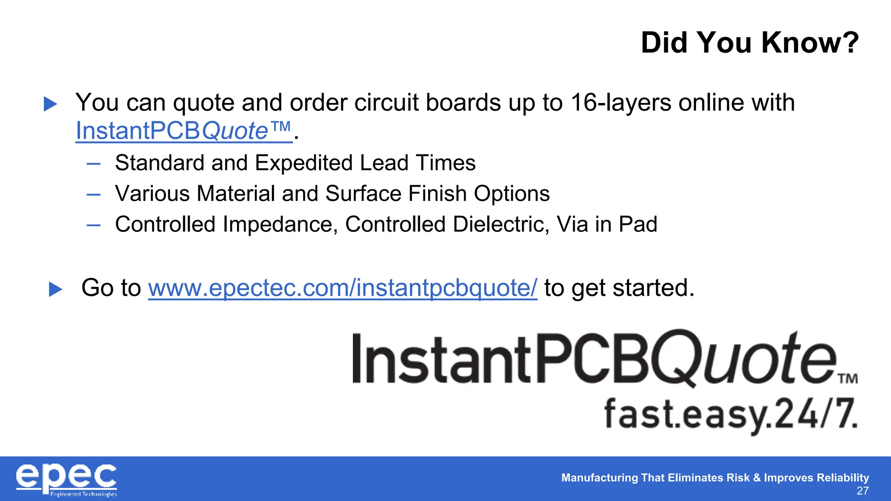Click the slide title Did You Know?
pos(750,43)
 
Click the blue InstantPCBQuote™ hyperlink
pos(183,130)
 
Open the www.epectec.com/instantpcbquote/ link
pos(342,288)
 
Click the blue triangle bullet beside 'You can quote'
pos(50,104)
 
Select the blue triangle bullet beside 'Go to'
pos(56,289)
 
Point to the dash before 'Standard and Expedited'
pos(94,164)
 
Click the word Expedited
pos(304,163)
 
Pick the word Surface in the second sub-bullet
pos(363,194)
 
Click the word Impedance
pos(280,225)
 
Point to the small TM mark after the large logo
pos(848,378)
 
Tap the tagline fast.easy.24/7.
pos(730,414)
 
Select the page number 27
pos(862,491)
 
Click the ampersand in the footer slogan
pos(757,478)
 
